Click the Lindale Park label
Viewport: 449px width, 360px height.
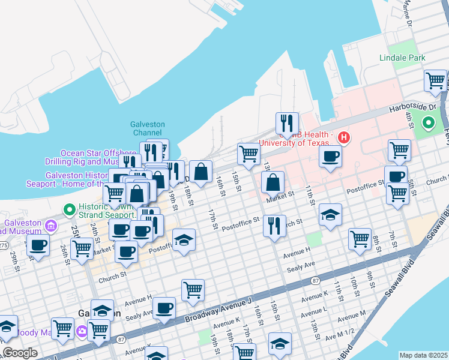tap(402, 58)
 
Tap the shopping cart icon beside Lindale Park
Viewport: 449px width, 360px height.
tap(435, 80)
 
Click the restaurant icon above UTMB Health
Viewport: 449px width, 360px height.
tap(287, 123)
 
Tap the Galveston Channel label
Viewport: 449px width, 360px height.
tap(147, 128)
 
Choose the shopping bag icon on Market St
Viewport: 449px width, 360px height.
tap(273, 182)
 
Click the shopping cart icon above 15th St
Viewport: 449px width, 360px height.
tap(249, 154)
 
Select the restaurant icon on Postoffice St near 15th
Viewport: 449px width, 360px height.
tap(274, 226)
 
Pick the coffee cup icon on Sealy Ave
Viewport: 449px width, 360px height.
tap(164, 308)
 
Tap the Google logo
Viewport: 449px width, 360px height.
tap(20, 353)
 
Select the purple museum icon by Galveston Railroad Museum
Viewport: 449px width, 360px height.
tap(51, 226)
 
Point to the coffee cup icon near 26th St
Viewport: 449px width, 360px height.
tap(38, 245)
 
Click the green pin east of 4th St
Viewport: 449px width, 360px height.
tap(429, 124)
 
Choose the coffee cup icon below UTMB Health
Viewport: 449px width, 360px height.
tap(330, 157)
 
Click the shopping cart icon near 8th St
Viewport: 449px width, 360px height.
tap(360, 239)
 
